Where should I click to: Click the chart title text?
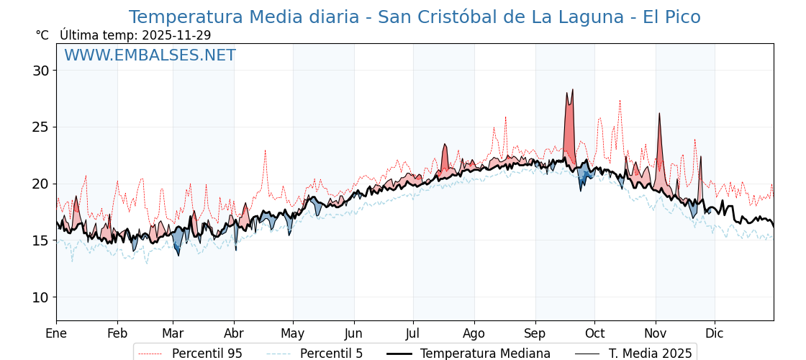point(415,17)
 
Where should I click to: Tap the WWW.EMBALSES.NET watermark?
point(150,55)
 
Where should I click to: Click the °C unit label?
point(42,35)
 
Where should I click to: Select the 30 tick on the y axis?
point(40,71)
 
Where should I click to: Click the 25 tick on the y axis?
point(40,127)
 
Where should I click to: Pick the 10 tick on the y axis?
point(40,297)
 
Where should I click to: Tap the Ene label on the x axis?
point(56,333)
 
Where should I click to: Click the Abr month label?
point(234,333)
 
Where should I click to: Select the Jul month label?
point(413,333)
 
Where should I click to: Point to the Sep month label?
point(535,333)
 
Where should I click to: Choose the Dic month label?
point(715,333)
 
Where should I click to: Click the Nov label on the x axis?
point(656,333)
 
